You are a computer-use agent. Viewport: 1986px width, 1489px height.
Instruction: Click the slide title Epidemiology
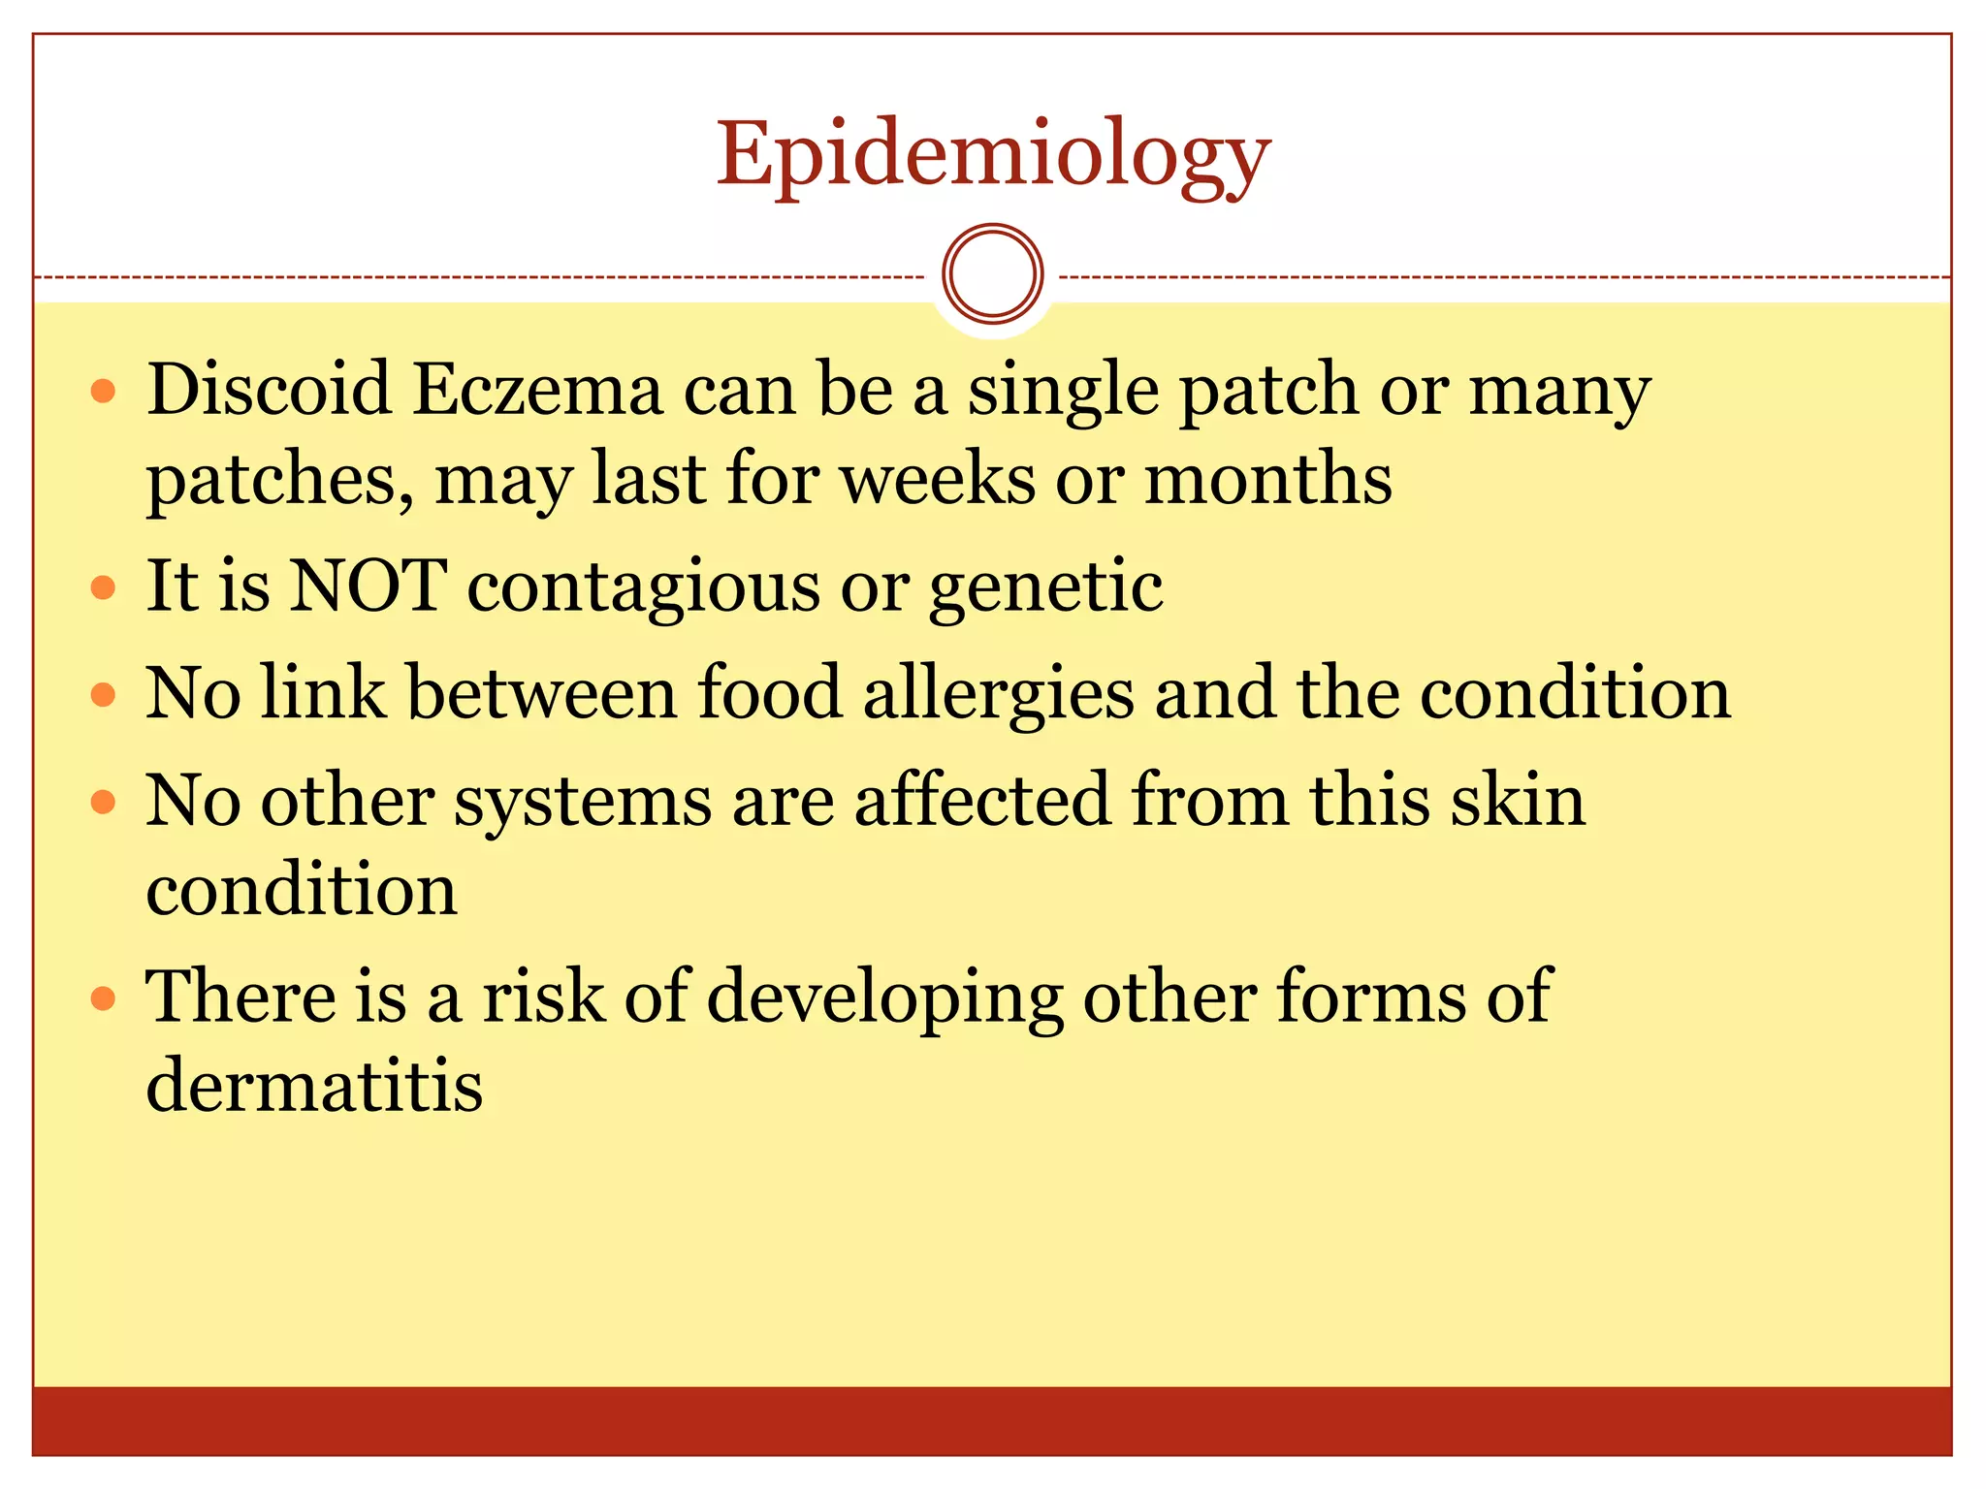point(993,155)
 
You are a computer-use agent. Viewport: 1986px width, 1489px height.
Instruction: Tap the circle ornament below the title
point(992,274)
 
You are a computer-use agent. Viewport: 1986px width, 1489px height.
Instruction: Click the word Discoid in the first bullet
point(268,390)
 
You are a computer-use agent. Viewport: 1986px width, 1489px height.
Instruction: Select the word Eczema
point(537,390)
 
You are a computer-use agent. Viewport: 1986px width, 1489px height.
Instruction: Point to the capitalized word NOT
point(368,586)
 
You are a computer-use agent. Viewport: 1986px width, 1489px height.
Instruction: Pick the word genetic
point(1045,588)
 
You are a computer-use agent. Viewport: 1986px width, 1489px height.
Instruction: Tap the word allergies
point(999,694)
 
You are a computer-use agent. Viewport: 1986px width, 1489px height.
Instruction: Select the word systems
point(583,803)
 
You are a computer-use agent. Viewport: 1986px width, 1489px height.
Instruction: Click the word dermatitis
point(314,1085)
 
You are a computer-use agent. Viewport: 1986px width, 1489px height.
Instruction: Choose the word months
point(1268,479)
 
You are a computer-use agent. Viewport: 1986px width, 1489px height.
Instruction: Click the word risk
point(543,997)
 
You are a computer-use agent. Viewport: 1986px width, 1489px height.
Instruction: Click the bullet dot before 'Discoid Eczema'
point(103,392)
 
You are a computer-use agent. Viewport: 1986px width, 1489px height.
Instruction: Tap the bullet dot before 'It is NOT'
point(103,587)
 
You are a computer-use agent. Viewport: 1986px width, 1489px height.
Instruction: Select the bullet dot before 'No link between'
point(103,695)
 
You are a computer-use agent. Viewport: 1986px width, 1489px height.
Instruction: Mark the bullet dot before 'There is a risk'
point(103,998)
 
